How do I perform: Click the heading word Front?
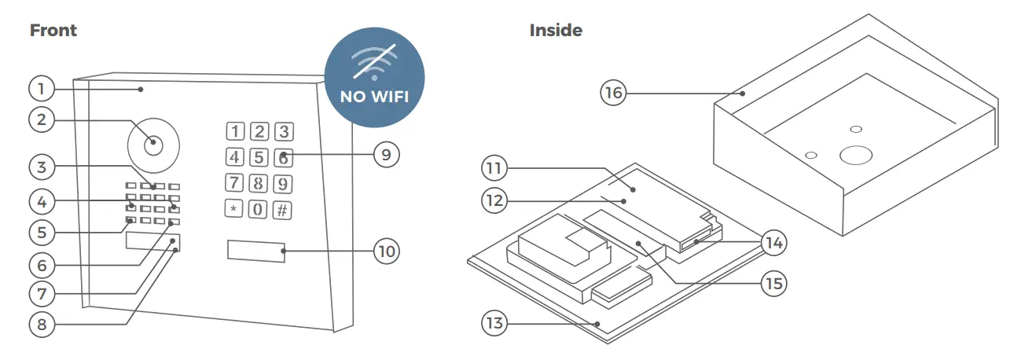tap(53, 31)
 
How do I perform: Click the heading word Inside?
tap(556, 31)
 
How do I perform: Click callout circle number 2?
tap(44, 120)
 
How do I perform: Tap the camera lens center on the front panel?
tap(153, 145)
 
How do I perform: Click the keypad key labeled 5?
tap(260, 156)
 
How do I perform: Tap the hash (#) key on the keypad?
tap(283, 211)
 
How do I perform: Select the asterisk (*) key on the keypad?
tap(234, 211)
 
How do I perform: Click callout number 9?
tap(385, 154)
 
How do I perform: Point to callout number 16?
tap(614, 94)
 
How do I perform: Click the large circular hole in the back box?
tap(855, 155)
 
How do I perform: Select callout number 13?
tap(497, 323)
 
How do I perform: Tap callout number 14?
tap(774, 243)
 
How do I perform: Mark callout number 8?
tap(44, 323)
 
